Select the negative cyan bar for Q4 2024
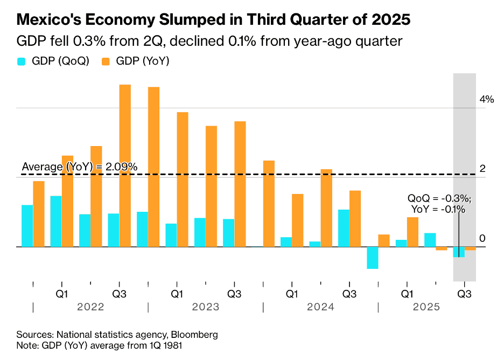tap(372, 258)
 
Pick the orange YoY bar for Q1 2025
tap(412, 232)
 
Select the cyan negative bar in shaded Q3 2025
tap(458, 252)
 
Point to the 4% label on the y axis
tap(487, 99)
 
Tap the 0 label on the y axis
tap(483, 239)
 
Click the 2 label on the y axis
tap(483, 169)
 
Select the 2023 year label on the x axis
tap(205, 307)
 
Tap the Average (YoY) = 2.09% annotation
tap(79, 167)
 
